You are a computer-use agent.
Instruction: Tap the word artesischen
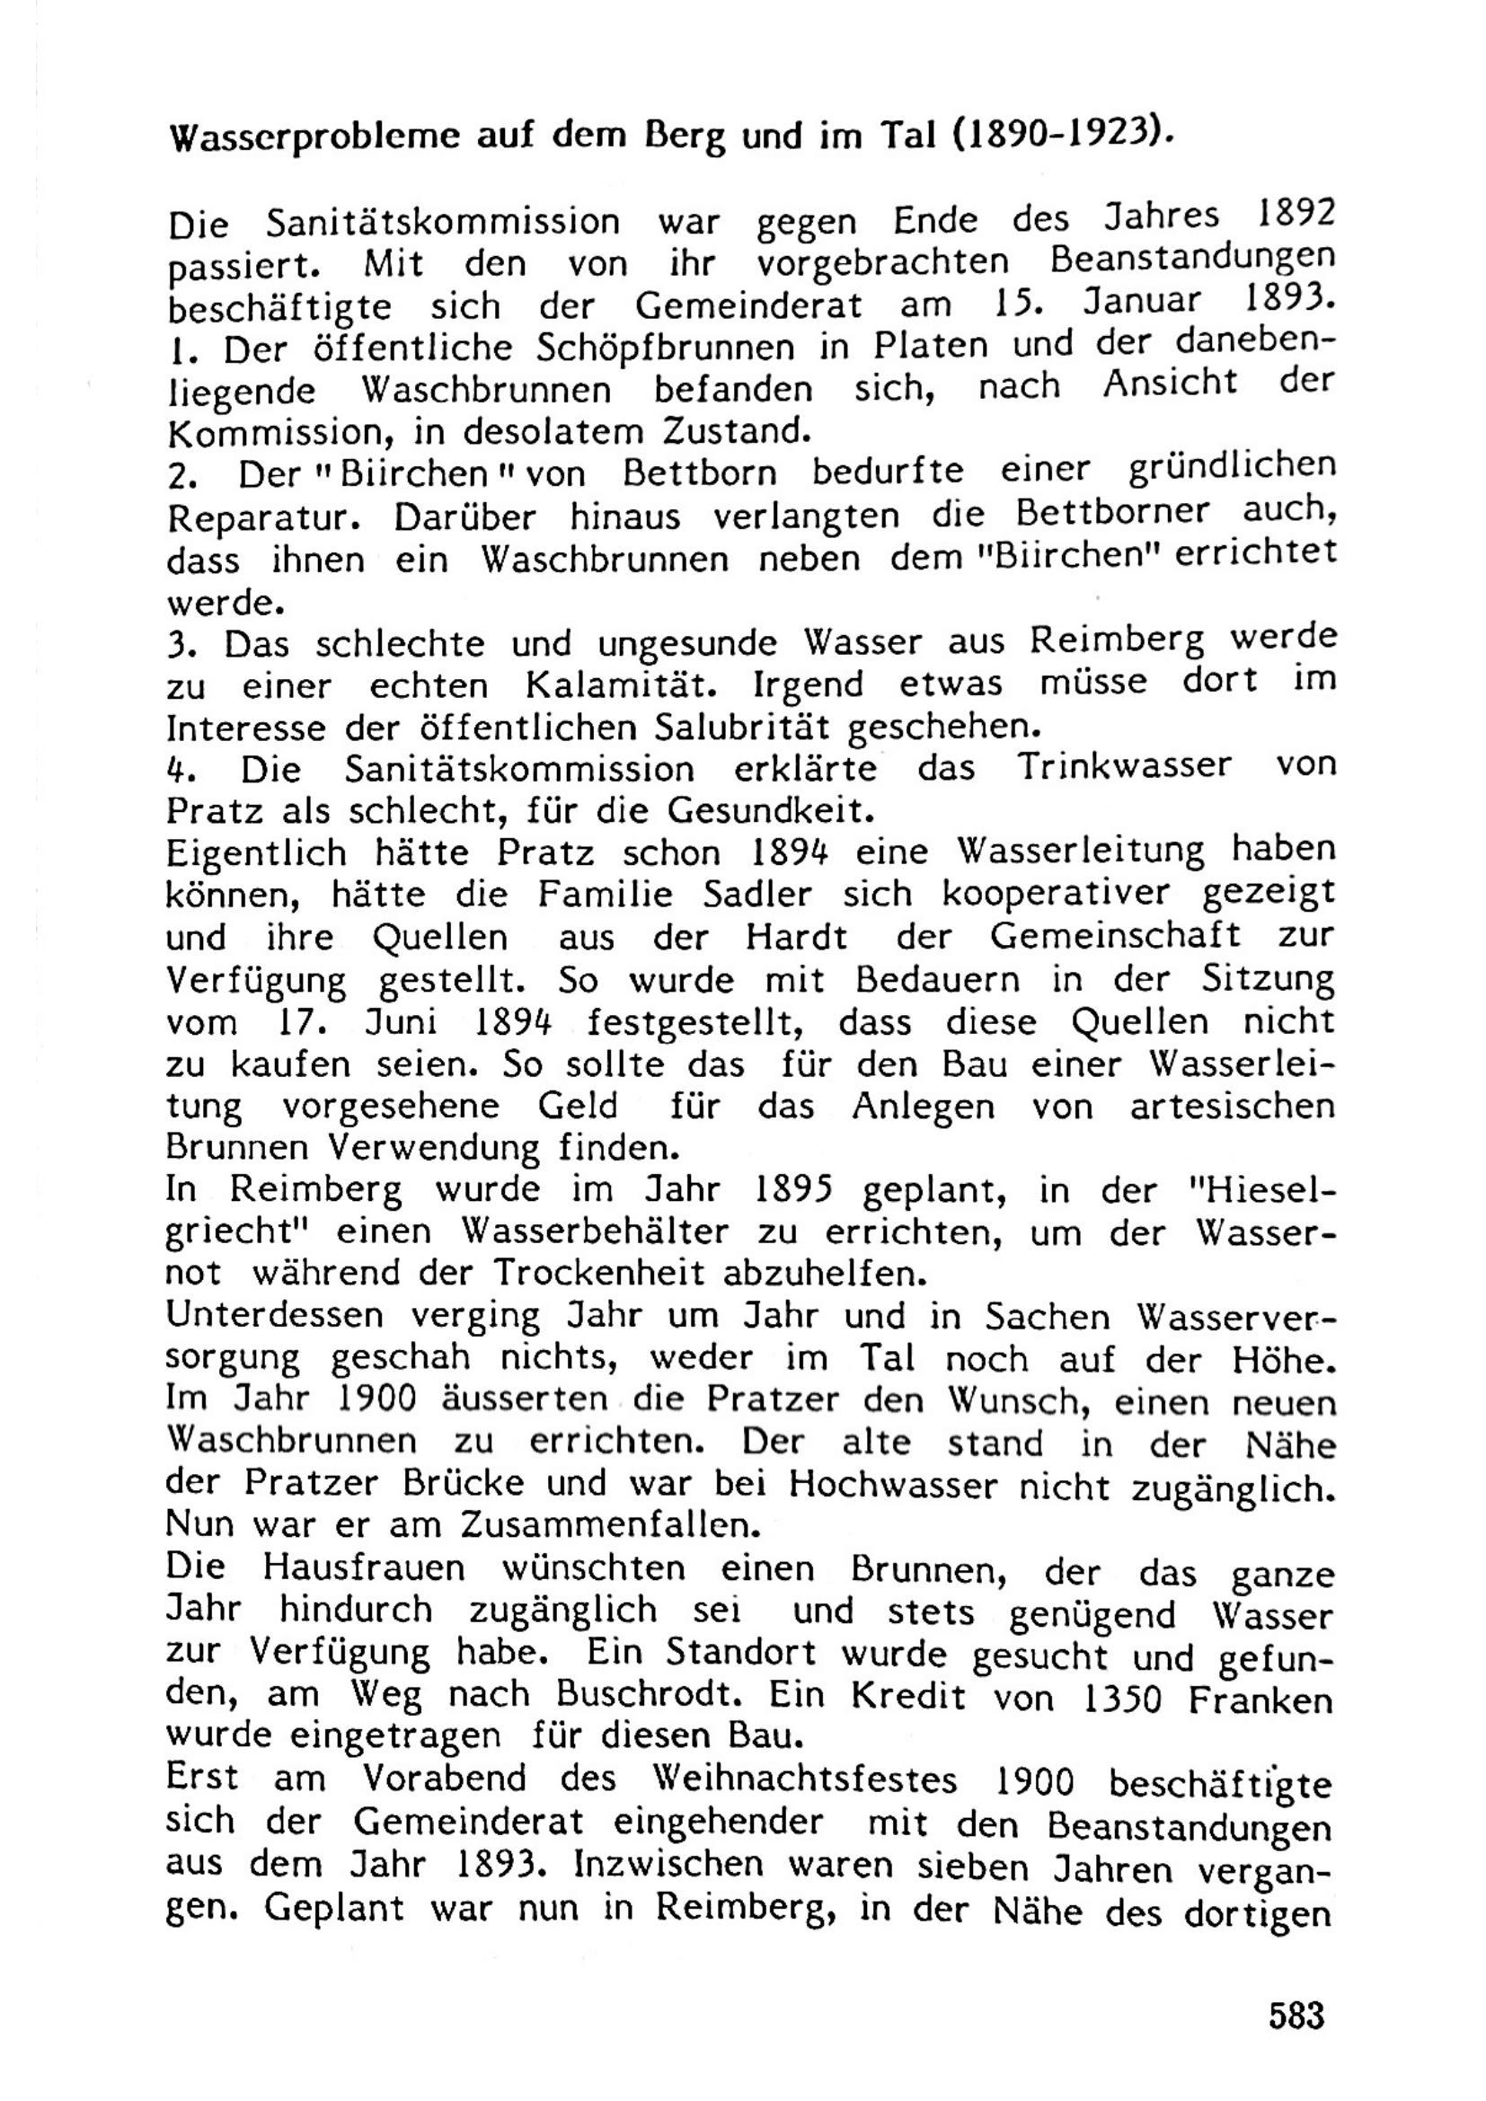click(x=1232, y=1107)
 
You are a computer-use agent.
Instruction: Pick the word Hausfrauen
click(x=364, y=1567)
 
